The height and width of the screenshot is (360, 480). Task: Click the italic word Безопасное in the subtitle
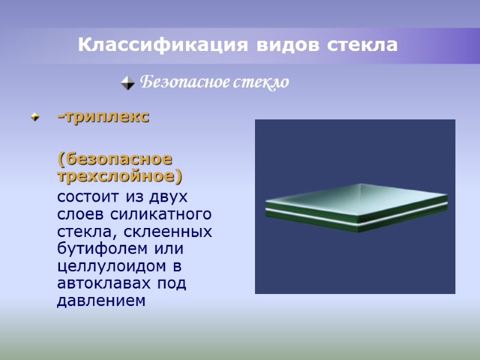pyautogui.click(x=178, y=82)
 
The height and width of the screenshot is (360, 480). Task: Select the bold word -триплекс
pyautogui.click(x=103, y=117)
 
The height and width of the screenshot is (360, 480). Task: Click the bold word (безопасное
pyautogui.click(x=114, y=159)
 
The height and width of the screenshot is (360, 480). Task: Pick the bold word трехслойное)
pyautogui.click(x=119, y=177)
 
